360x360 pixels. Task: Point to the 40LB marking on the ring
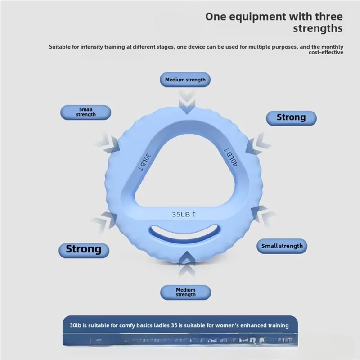(230, 157)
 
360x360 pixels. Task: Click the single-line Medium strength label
(185, 80)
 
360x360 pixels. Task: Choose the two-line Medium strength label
(185, 292)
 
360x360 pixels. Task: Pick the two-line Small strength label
(85, 112)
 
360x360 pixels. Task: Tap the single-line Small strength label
(282, 246)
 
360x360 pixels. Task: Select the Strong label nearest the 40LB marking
(291, 117)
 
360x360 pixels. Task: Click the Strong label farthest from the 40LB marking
(84, 249)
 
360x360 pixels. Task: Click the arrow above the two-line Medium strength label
(185, 265)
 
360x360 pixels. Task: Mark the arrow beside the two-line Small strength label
(108, 143)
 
